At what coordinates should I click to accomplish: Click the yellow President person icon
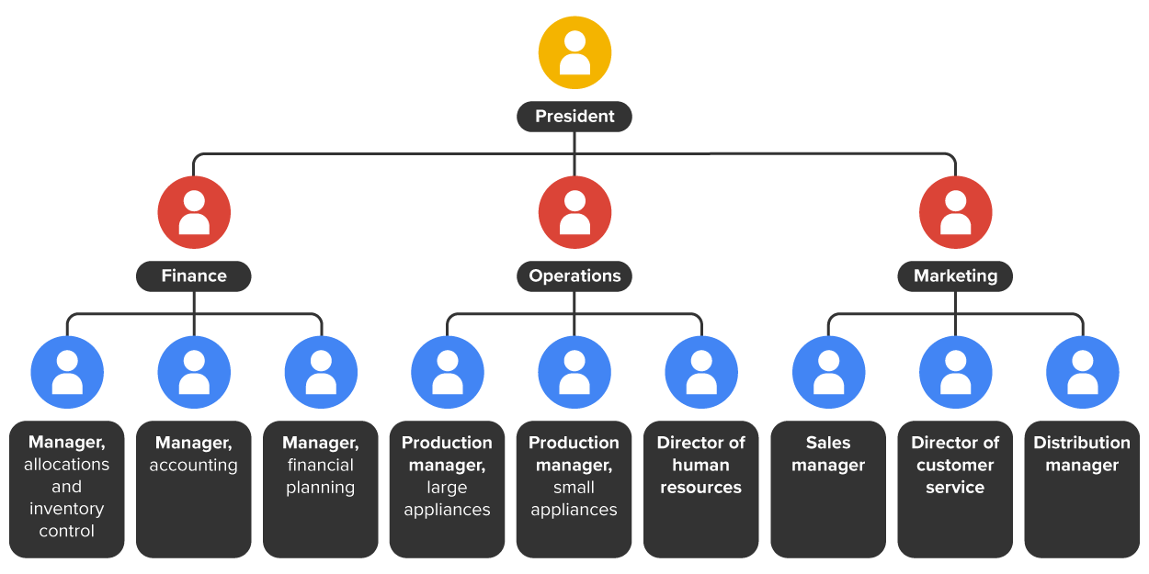pyautogui.click(x=574, y=52)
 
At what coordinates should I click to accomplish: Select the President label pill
pyautogui.click(x=574, y=117)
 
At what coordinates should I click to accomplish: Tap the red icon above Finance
pyautogui.click(x=194, y=212)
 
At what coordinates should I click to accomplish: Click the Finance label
pyautogui.click(x=194, y=276)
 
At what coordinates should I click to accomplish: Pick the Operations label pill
pyautogui.click(x=574, y=276)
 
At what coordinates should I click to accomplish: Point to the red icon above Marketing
pyautogui.click(x=955, y=212)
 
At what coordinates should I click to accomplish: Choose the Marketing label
pyautogui.click(x=955, y=276)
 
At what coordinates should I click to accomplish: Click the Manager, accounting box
pyautogui.click(x=194, y=489)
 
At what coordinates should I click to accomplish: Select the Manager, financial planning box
pyautogui.click(x=321, y=489)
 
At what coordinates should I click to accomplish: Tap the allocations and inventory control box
pyautogui.click(x=67, y=489)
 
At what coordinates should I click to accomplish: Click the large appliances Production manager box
pyautogui.click(x=448, y=489)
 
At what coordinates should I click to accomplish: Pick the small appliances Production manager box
pyautogui.click(x=574, y=489)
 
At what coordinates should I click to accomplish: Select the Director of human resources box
pyautogui.click(x=701, y=489)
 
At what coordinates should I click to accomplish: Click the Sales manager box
pyautogui.click(x=828, y=489)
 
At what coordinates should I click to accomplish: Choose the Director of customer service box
pyautogui.click(x=955, y=489)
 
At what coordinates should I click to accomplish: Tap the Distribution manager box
pyautogui.click(x=1082, y=489)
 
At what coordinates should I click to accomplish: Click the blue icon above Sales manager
pyautogui.click(x=828, y=372)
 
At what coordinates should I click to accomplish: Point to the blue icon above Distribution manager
pyautogui.click(x=1082, y=372)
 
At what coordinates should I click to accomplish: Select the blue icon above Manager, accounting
pyautogui.click(x=194, y=372)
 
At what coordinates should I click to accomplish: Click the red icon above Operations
pyautogui.click(x=574, y=212)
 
